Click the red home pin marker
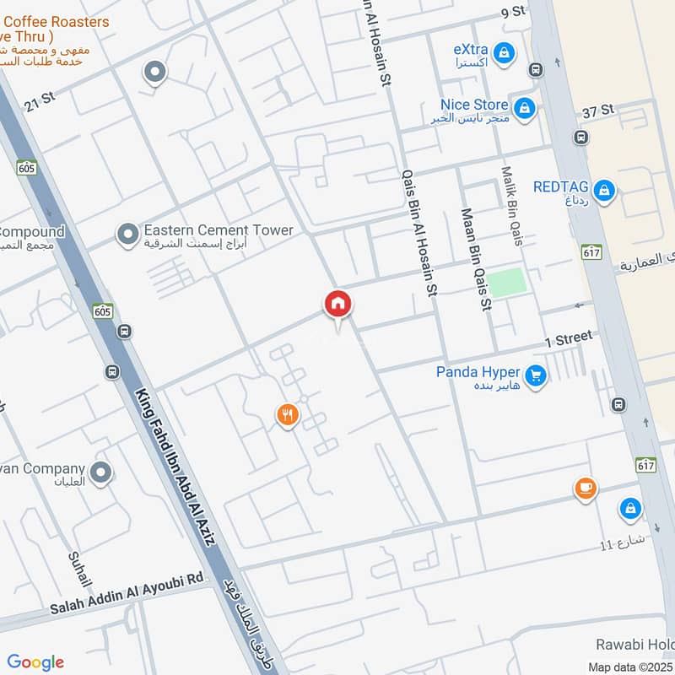pos(337,305)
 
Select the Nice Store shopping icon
pos(525,108)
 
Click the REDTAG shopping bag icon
pos(604,191)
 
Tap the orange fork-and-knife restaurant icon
pos(288,414)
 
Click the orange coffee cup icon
pos(586,488)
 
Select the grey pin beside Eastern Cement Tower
pos(127,234)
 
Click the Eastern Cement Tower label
pos(219,230)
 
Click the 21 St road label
pos(39,99)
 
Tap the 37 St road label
pos(599,111)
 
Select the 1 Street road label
pos(569,338)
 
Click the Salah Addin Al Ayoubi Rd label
pos(127,593)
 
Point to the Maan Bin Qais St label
pos(475,259)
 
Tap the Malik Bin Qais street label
pos(513,206)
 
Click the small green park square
pos(506,283)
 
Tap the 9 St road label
pos(513,12)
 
